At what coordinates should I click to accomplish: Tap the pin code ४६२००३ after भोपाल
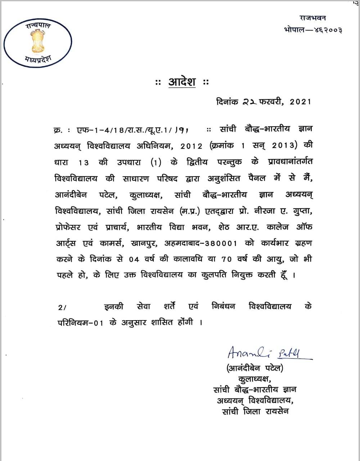328,30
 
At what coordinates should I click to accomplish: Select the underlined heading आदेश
182,82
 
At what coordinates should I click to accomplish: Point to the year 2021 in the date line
300,102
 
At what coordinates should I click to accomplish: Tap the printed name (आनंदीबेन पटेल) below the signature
255,368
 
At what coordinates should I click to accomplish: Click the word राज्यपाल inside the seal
38,26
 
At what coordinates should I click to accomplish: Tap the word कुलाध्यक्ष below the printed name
255,379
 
